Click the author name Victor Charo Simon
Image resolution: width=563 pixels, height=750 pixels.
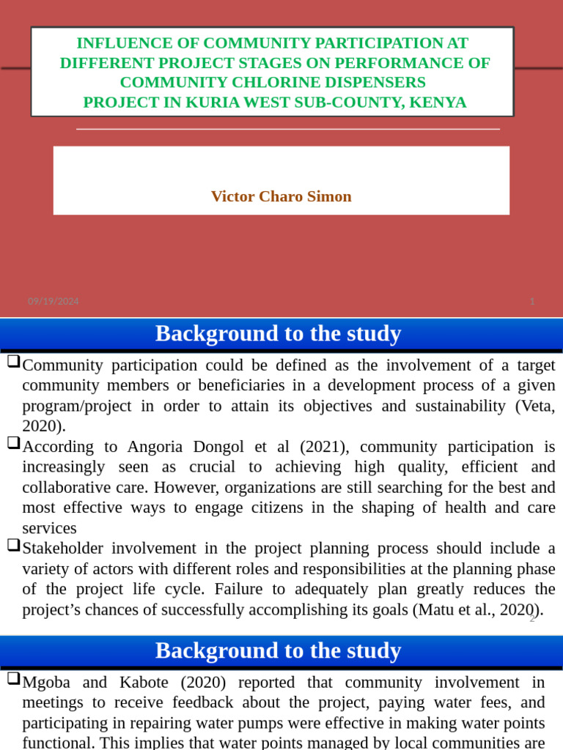[x=281, y=196]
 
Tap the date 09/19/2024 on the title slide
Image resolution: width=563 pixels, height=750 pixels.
[x=54, y=301]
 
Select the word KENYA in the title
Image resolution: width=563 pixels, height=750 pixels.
[x=438, y=102]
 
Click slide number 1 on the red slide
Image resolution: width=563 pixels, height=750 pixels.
[x=532, y=301]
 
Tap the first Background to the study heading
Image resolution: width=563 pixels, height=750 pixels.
[x=278, y=334]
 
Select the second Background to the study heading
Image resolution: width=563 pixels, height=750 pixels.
[x=278, y=650]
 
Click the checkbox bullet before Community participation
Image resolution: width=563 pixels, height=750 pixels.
[x=13, y=363]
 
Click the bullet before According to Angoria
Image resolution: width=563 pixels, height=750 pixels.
[x=13, y=443]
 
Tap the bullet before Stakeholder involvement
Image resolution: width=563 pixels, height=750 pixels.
[x=13, y=545]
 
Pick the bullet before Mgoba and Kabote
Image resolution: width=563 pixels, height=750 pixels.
[x=13, y=679]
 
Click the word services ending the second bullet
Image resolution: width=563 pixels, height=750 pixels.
[x=49, y=528]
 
